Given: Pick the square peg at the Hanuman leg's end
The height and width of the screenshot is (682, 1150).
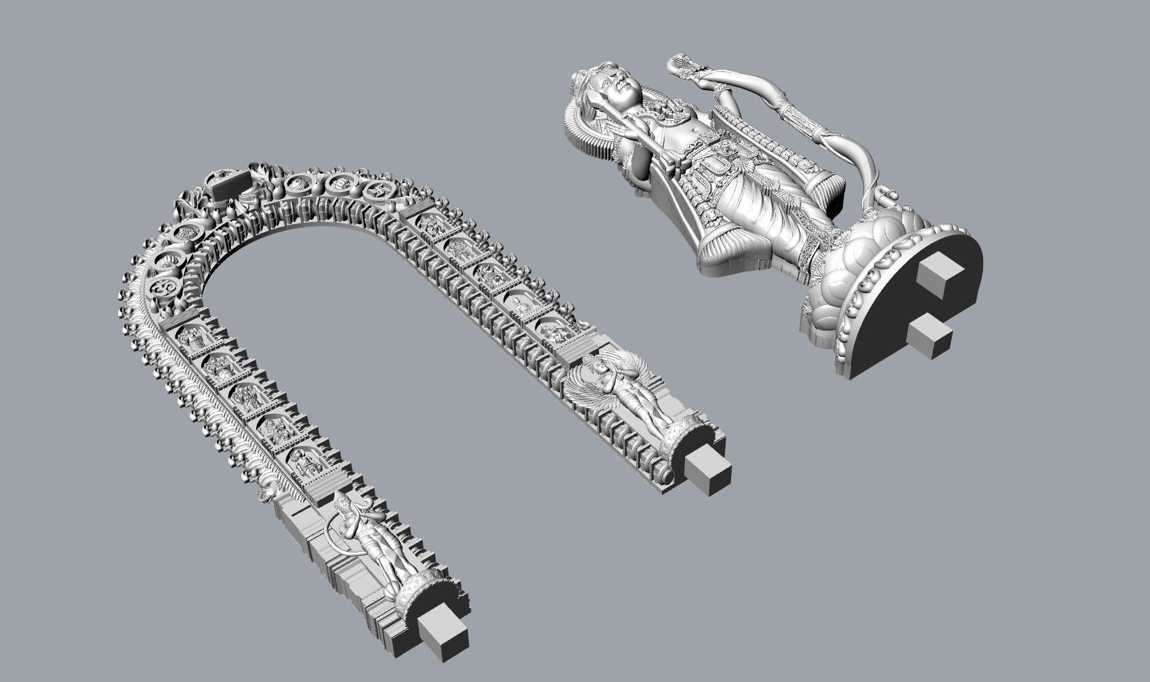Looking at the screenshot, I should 444,634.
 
